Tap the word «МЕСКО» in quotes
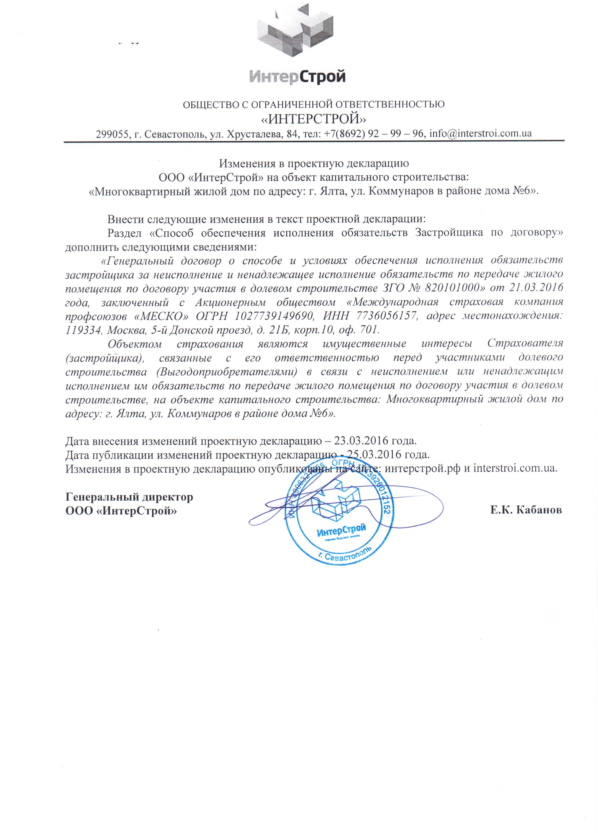[161, 316]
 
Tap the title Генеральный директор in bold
[129, 497]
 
